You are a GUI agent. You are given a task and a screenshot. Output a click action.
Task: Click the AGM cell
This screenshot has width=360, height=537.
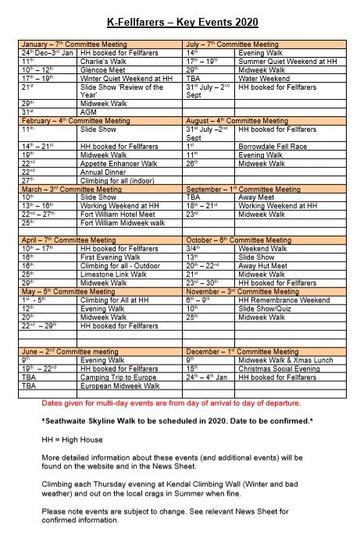pos(88,112)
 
